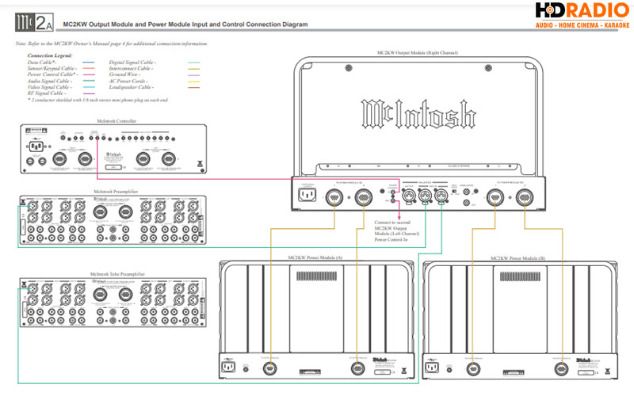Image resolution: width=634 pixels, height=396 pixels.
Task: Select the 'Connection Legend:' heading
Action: click(50, 56)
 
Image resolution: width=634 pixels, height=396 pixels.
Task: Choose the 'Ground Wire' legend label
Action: click(128, 74)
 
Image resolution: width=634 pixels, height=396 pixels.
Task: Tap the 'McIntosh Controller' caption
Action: click(116, 120)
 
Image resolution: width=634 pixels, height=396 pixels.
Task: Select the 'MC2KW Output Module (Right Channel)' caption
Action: click(418, 52)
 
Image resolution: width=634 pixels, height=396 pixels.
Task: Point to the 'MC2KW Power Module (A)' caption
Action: click(317, 258)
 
